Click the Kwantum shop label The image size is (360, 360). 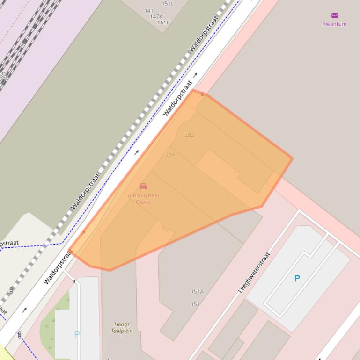point(334,24)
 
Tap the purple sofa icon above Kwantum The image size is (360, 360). point(334,16)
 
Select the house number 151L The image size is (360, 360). point(167,4)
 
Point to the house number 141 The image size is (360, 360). point(149,11)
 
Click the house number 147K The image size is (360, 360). point(156,16)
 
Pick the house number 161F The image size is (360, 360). point(163,22)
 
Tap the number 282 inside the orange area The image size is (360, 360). point(189,135)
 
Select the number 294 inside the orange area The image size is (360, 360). point(170,154)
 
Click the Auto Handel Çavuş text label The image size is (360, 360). point(143,199)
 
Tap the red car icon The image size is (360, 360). point(143,187)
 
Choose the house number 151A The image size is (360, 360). point(197,292)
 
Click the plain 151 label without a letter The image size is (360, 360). point(195,304)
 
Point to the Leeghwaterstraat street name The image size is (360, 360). point(254,273)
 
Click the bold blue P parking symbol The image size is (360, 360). point(297,279)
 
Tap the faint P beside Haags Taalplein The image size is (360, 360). point(77,334)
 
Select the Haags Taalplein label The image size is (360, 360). point(122,327)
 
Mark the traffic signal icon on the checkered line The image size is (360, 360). point(11,290)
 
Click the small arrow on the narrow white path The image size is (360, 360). point(75,281)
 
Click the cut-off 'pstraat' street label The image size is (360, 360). point(9,243)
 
